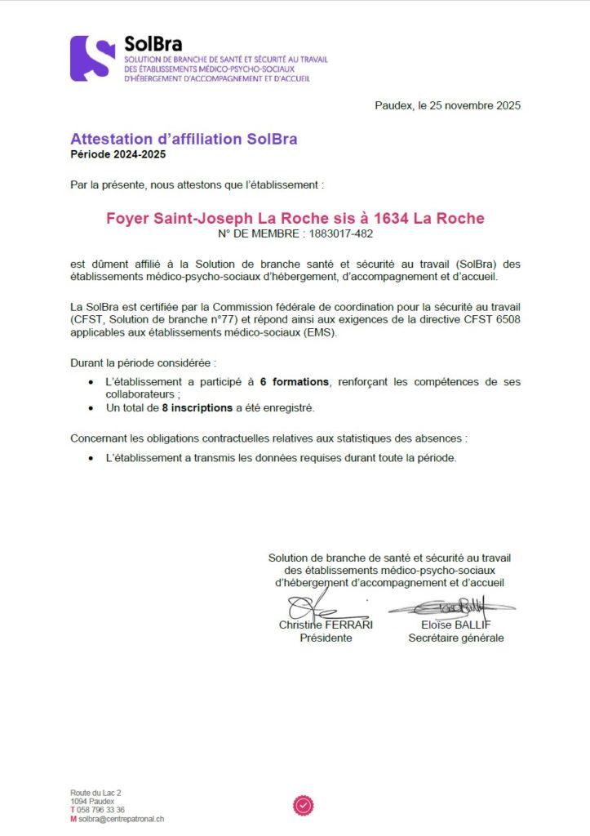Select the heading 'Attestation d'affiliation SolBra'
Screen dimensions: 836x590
(x=184, y=139)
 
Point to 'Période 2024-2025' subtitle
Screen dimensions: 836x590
(x=112, y=154)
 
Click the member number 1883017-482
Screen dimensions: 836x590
(x=336, y=234)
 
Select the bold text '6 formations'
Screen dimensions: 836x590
(x=294, y=382)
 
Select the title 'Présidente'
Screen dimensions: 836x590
(x=326, y=638)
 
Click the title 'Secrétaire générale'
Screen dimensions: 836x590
(x=456, y=638)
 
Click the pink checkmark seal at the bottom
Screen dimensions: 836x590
(x=303, y=806)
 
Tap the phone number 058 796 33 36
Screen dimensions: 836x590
(x=101, y=810)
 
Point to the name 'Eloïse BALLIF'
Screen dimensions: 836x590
(x=456, y=625)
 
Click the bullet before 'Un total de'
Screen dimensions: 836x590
(x=90, y=407)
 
